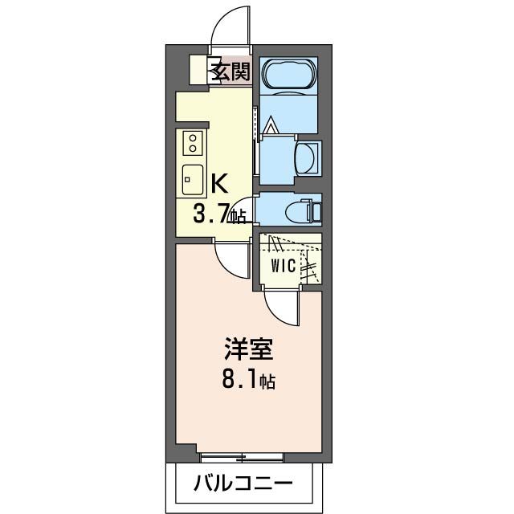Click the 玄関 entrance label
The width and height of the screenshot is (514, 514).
click(x=230, y=71)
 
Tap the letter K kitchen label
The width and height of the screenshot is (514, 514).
click(x=219, y=184)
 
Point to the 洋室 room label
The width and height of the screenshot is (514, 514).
click(x=248, y=351)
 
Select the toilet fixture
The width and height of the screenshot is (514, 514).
click(x=303, y=211)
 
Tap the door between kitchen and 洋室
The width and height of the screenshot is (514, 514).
click(x=234, y=259)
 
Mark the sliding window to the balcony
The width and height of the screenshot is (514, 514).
click(x=241, y=457)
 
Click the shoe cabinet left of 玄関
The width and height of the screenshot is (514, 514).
click(x=199, y=71)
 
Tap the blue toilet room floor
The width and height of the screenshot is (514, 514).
click(x=273, y=211)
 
